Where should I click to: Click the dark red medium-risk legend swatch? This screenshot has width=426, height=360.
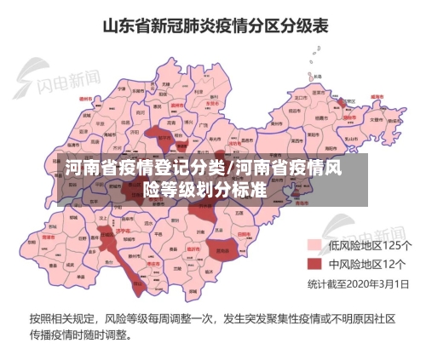point(313,263)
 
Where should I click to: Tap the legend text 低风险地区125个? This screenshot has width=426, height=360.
point(366,245)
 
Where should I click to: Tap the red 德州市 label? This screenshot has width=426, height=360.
point(85,99)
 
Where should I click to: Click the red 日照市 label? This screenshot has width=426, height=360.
point(244,231)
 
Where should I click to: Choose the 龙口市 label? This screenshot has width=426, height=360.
point(301,98)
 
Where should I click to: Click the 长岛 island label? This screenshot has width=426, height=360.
point(316,77)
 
